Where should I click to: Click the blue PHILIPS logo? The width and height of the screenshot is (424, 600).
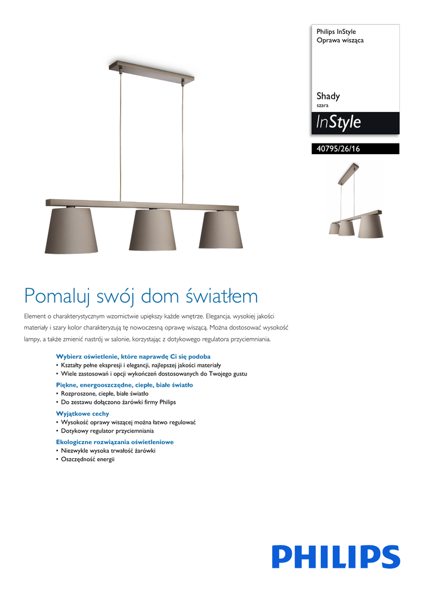click(336, 558)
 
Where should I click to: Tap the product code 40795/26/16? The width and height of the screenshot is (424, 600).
click(338, 149)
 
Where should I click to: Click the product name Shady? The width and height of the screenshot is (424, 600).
click(328, 96)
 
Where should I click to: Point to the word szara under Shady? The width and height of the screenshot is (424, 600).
click(323, 106)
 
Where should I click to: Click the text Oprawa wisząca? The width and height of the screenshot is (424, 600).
click(340, 40)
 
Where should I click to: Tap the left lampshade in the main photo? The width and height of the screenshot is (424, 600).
click(71, 231)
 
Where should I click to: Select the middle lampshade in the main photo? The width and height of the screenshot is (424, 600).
click(153, 230)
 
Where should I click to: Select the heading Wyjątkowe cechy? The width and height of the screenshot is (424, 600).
click(82, 414)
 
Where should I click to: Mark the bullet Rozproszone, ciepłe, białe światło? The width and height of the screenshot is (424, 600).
click(104, 394)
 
